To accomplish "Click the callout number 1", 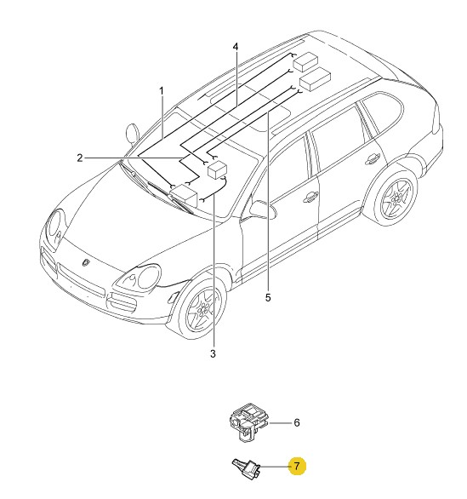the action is coord(162,91).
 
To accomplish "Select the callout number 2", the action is coord(80,158).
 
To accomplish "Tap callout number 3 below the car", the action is coord(213,353).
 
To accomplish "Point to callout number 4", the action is coord(236,47).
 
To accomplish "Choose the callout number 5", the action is coord(268,297).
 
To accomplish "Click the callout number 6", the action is coord(296,422).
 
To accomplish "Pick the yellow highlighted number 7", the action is coord(297,467).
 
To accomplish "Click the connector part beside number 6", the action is coord(248,422).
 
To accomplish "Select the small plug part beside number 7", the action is coord(247,467).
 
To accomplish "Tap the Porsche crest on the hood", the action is coord(86,262).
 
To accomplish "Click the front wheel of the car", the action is coord(202,308).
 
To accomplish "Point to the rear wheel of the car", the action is coord(396,198).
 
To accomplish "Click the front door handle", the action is coord(310,198).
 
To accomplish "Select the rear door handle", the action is coord(373,158).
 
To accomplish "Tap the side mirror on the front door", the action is coord(263,209).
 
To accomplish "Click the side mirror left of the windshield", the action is coord(133,134).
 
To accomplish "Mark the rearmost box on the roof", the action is coord(305,62).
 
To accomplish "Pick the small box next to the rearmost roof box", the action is coord(315,79).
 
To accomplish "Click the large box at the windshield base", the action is coord(184,195).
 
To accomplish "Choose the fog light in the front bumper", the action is coord(174,296).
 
